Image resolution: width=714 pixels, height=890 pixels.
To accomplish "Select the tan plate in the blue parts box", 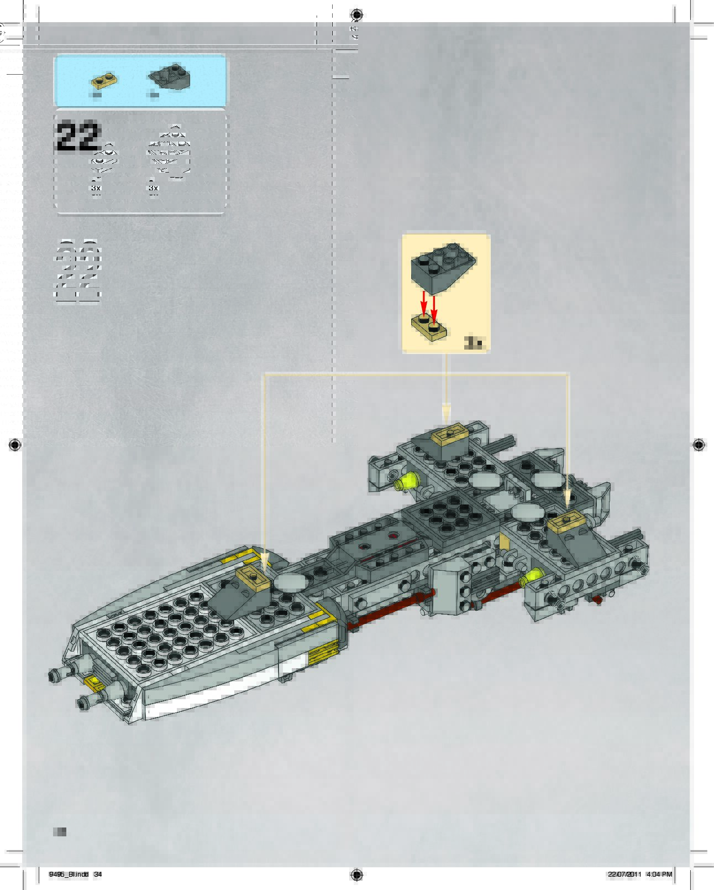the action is (x=104, y=80).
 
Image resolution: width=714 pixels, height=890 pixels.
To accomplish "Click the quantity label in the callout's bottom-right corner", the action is (x=473, y=343).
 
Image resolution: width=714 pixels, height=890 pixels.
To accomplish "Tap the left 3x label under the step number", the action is (x=96, y=188).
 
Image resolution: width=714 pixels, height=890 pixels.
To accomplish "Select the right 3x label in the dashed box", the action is (x=153, y=188).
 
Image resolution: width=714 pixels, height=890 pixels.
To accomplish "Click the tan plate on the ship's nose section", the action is (x=253, y=577).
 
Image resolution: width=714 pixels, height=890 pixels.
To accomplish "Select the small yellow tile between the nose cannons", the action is (x=95, y=682).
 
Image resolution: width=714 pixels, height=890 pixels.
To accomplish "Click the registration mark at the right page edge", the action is (x=699, y=444).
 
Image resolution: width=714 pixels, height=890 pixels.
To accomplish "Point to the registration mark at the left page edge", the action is (x=15, y=444).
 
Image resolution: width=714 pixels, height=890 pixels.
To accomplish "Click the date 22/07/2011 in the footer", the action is (x=624, y=875).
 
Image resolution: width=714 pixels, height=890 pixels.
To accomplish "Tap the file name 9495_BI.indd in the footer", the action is (x=69, y=875).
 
